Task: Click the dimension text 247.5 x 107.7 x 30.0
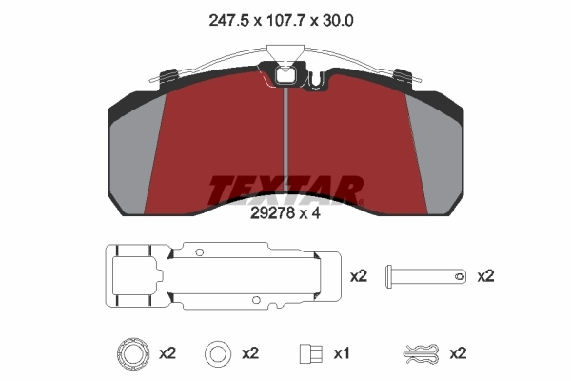286,19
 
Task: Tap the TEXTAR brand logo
285,190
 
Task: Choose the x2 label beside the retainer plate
359,276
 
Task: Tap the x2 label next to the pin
485,276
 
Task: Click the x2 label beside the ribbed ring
167,353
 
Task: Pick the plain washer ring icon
218,353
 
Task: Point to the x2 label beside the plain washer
250,353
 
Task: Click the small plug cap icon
306,353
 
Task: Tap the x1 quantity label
342,353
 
